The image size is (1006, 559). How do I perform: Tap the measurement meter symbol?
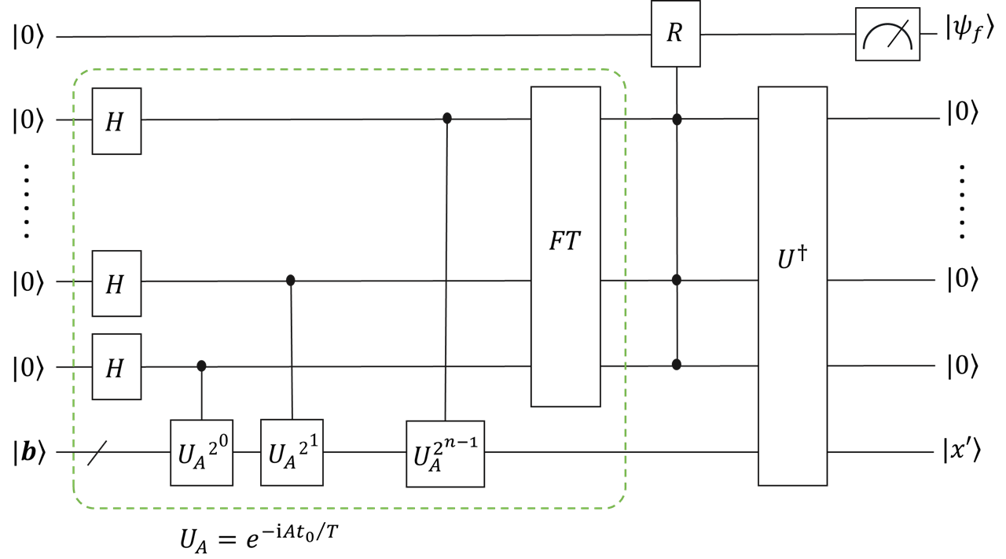[x=887, y=35]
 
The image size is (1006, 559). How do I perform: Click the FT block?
[x=565, y=246]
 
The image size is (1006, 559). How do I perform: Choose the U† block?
[x=792, y=285]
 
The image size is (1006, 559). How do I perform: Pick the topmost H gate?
[x=116, y=121]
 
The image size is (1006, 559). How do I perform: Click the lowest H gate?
[x=116, y=366]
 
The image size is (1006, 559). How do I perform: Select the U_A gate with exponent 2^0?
[x=201, y=453]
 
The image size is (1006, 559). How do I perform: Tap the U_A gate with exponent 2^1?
[x=292, y=452]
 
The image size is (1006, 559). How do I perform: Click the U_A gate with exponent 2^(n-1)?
[x=445, y=454]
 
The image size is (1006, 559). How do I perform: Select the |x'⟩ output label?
[x=964, y=453]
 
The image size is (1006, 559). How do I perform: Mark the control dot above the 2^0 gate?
[x=201, y=366]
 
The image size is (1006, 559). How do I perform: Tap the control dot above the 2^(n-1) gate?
[x=447, y=119]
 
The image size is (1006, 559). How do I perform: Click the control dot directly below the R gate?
[x=677, y=120]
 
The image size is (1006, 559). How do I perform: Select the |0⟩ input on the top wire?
[x=28, y=36]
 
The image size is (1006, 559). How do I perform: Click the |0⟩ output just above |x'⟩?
[x=962, y=366]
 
